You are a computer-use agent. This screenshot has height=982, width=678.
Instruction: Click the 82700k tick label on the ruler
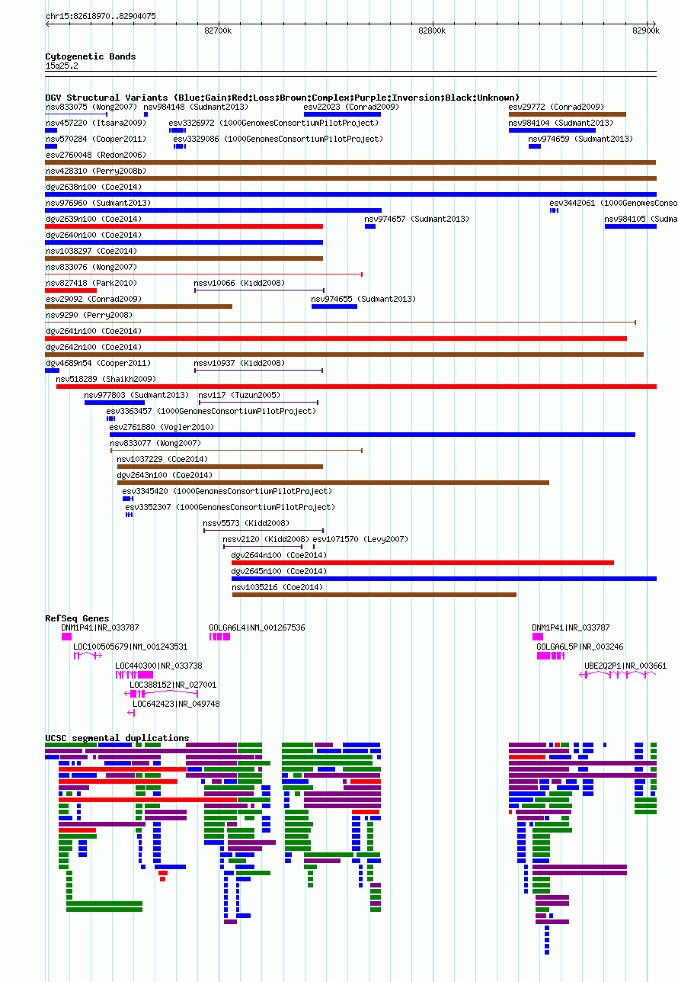(x=218, y=30)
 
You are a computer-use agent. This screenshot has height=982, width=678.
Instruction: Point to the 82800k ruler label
(x=432, y=30)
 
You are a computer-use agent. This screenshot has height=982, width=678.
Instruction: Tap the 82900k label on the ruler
(x=646, y=30)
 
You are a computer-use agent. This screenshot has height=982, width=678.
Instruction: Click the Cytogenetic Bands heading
(x=90, y=56)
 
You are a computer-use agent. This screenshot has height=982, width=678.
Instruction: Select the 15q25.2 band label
(x=62, y=66)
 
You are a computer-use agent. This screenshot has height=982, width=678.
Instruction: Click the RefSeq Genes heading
(x=77, y=618)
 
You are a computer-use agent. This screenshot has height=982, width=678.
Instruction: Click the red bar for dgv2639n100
(x=184, y=226)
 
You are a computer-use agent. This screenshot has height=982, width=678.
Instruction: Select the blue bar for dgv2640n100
(x=184, y=242)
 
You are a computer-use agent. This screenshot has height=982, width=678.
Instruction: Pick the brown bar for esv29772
(x=568, y=114)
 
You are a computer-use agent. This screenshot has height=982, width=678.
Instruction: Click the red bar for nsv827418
(x=71, y=290)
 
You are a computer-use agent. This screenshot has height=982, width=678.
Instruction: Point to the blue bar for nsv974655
(x=334, y=306)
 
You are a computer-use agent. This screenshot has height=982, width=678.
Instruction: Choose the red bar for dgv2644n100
(x=423, y=563)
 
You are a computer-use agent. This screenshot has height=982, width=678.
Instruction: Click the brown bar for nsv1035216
(x=375, y=595)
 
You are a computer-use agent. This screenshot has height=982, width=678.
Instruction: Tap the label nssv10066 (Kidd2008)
(x=239, y=283)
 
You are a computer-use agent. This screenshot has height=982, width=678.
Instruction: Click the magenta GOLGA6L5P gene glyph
(x=551, y=656)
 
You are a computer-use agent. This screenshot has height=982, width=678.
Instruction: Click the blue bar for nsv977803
(x=114, y=403)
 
